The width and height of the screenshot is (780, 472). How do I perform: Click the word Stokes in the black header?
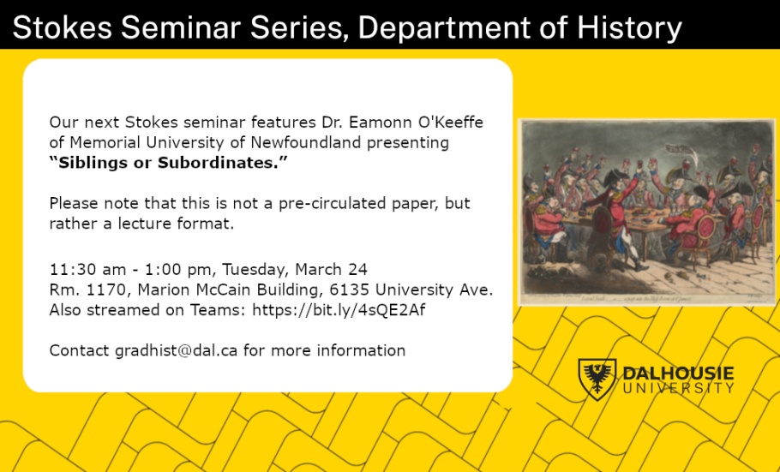pyautogui.click(x=62, y=28)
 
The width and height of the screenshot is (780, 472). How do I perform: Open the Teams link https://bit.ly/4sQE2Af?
pyautogui.click(x=339, y=310)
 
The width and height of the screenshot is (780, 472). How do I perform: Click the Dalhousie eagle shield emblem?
pyautogui.click(x=597, y=379)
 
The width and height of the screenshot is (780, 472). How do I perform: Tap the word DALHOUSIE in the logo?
pyautogui.click(x=678, y=373)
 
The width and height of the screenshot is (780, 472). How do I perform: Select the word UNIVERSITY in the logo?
pyautogui.click(x=678, y=388)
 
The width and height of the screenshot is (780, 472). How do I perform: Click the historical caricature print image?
pyautogui.click(x=647, y=212)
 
